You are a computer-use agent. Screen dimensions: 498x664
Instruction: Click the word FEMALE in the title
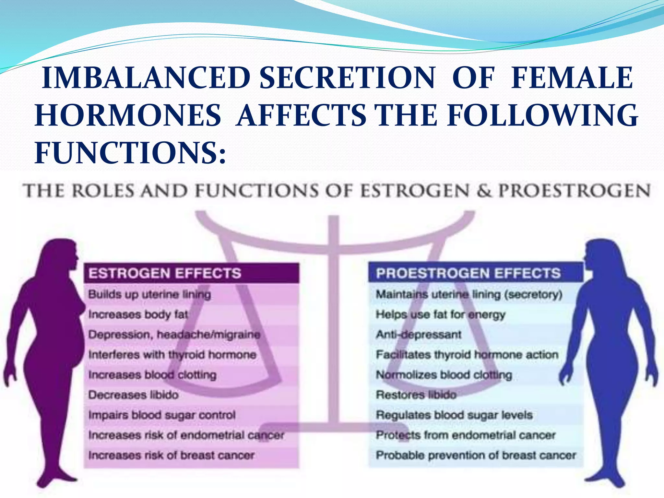[x=572, y=78]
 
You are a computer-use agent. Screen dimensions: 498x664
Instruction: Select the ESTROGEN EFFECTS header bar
[x=191, y=273]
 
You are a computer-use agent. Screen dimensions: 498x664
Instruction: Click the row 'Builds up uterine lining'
[x=149, y=294]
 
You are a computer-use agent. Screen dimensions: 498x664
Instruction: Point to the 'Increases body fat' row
[x=138, y=314]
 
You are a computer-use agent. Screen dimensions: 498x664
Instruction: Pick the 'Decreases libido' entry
[x=133, y=395]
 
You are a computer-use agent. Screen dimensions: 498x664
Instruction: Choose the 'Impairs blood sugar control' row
[x=162, y=415]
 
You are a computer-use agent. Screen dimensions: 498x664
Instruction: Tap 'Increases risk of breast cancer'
[x=171, y=455]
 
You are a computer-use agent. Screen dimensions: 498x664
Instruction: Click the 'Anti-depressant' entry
[x=418, y=335]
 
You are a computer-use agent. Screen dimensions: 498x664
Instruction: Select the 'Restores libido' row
[x=416, y=395]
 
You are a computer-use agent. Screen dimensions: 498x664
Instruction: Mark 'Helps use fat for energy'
[x=440, y=314]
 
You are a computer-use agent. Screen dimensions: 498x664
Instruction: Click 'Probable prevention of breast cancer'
[x=476, y=455]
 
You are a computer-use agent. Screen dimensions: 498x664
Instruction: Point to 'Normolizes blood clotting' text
[x=444, y=375]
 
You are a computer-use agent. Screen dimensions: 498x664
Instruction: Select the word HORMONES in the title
[x=128, y=115]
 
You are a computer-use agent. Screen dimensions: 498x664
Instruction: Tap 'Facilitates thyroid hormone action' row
[x=467, y=355]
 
